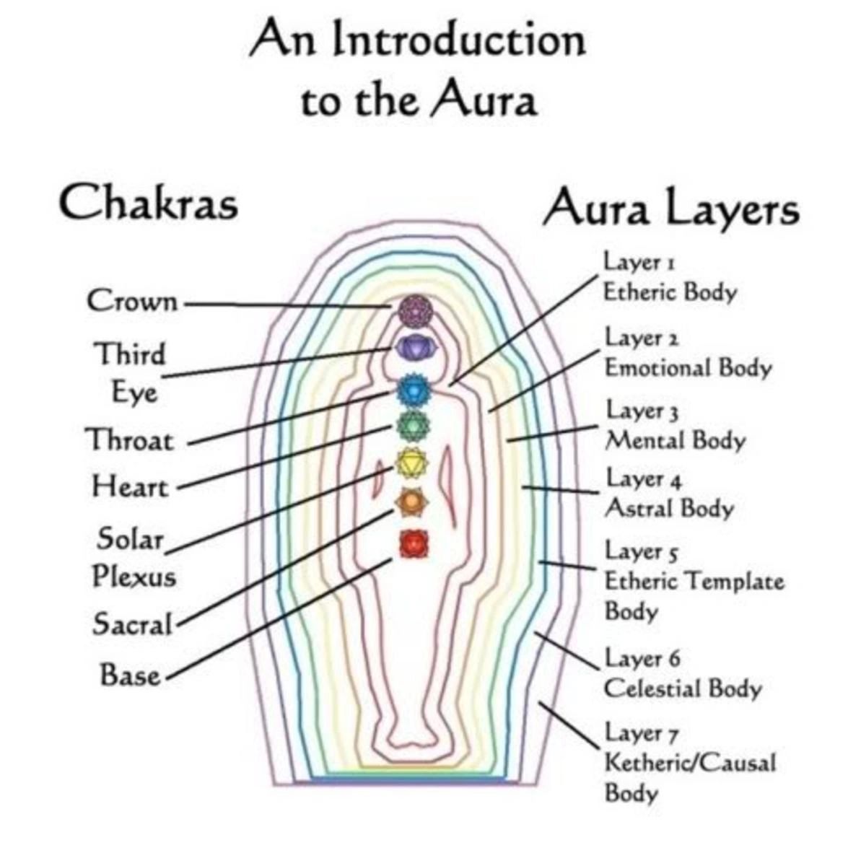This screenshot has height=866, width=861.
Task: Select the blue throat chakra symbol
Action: pyautogui.click(x=414, y=390)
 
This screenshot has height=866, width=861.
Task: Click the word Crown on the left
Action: pyautogui.click(x=132, y=301)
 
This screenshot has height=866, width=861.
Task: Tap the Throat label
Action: pyautogui.click(x=130, y=439)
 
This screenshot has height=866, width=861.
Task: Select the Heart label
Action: pyautogui.click(x=130, y=486)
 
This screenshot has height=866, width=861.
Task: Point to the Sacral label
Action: pyautogui.click(x=133, y=624)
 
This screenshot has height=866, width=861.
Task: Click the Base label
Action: pyautogui.click(x=130, y=675)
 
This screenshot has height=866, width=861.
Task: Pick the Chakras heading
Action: pyautogui.click(x=148, y=203)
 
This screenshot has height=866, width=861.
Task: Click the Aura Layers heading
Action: pyautogui.click(x=671, y=209)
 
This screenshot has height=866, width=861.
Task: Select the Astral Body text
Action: pyautogui.click(x=669, y=508)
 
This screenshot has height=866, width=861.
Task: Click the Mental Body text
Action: pyautogui.click(x=675, y=439)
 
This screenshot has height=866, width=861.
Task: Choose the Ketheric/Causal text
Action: pyautogui.click(x=689, y=763)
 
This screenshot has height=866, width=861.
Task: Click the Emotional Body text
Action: pyautogui.click(x=688, y=367)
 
